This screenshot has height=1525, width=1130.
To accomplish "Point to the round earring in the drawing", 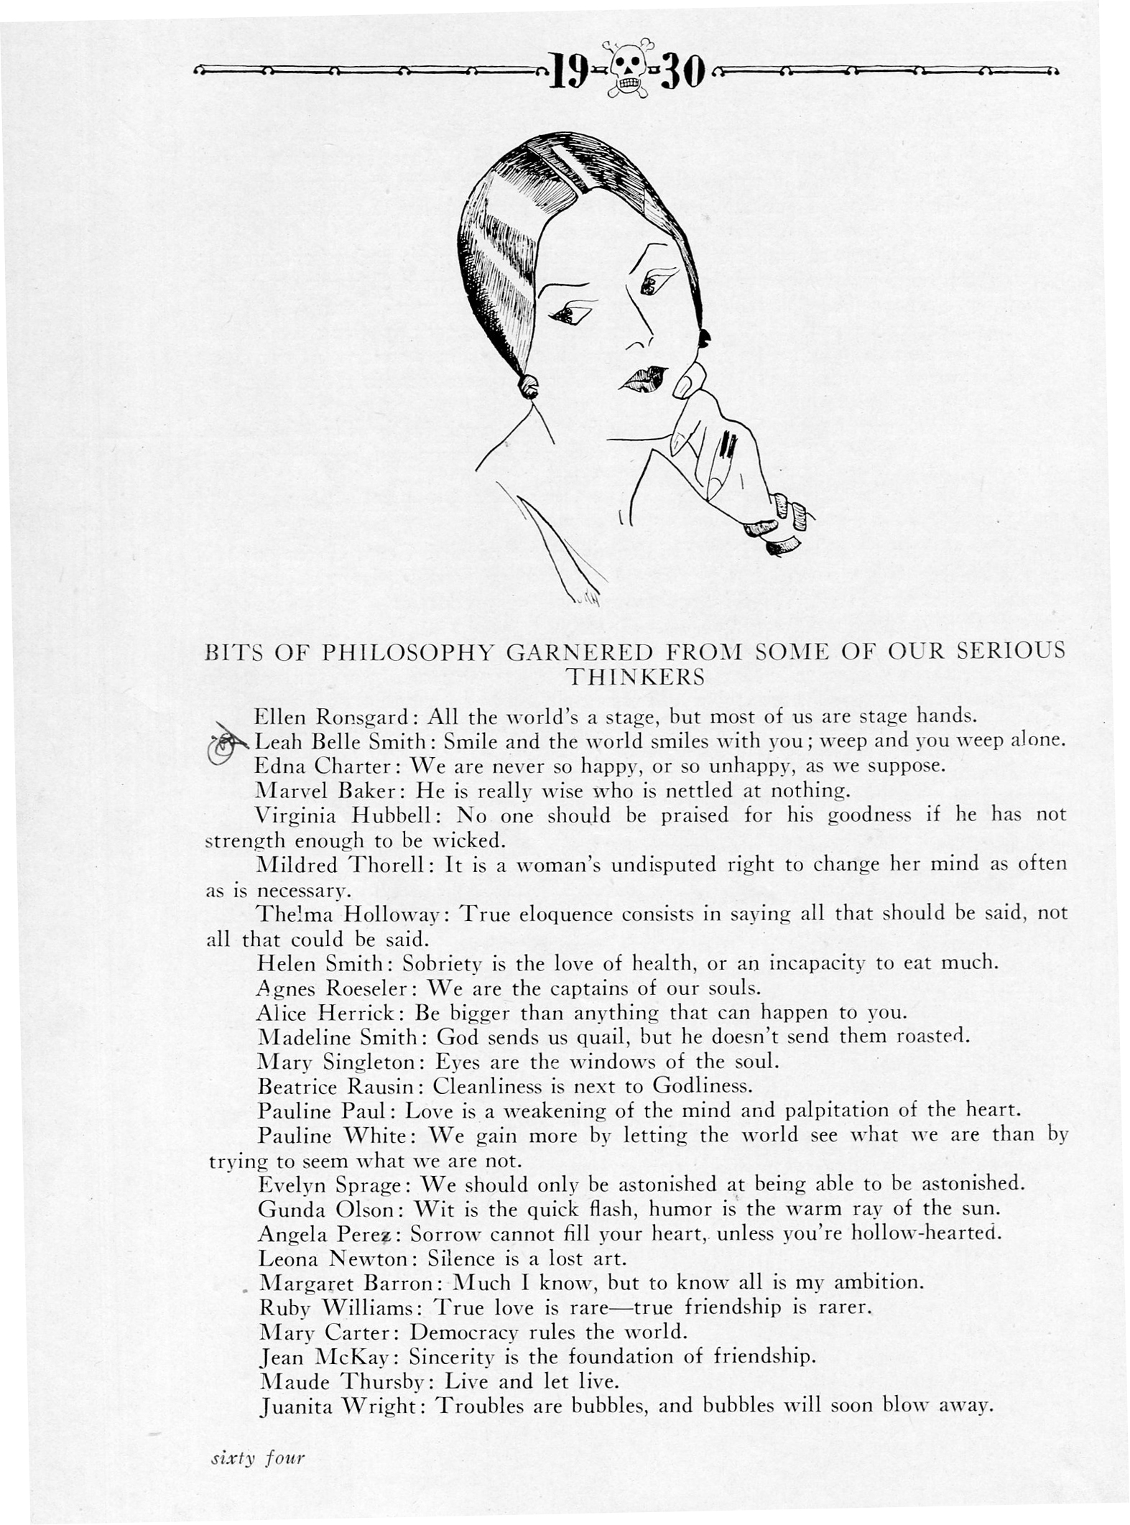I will pyautogui.click(x=529, y=386).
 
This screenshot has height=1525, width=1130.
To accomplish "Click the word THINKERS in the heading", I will pyautogui.click(x=636, y=677).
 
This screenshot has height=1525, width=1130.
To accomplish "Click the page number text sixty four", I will pyautogui.click(x=257, y=1458).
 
